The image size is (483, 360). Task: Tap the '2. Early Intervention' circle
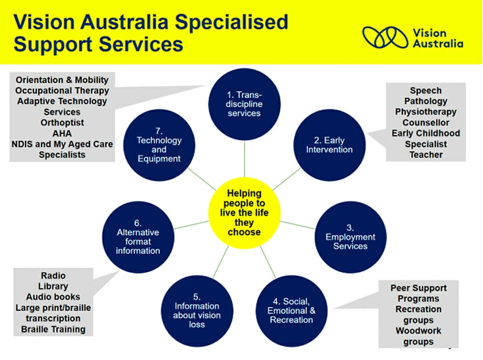[329, 145]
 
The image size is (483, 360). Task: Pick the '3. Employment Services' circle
[350, 237]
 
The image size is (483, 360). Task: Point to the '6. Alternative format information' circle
[138, 237]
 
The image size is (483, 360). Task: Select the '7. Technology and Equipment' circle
[159, 145]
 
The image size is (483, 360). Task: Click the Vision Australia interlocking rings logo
[385, 37]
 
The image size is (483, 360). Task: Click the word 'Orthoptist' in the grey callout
[62, 123]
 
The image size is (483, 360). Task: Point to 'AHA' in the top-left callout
[62, 134]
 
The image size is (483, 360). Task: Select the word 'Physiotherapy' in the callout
[426, 112]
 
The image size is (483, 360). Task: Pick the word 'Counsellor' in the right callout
[426, 123]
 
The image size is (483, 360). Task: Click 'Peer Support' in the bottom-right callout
[418, 288]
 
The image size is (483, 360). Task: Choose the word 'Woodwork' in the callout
[418, 331]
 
